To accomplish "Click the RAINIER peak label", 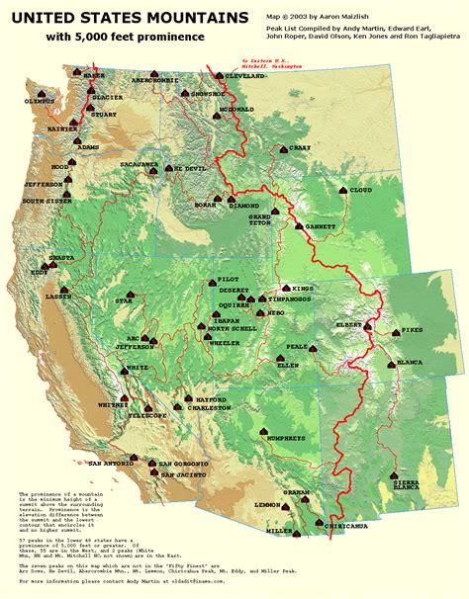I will point(34,128).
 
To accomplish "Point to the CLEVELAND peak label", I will point(244,76).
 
